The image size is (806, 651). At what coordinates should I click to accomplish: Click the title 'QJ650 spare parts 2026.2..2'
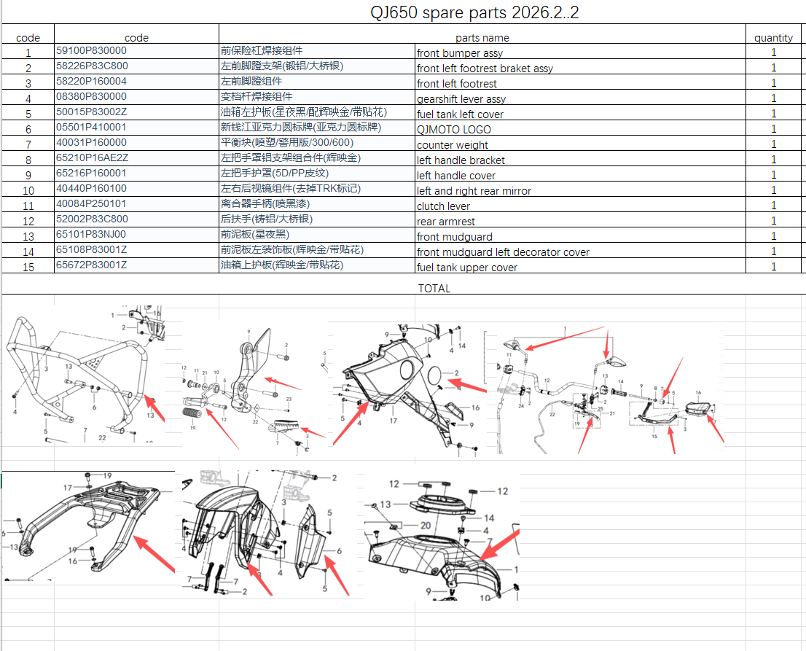474,13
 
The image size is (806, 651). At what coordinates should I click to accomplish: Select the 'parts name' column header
482,38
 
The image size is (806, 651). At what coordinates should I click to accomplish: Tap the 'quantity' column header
773,38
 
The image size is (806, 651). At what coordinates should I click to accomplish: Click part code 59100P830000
91,51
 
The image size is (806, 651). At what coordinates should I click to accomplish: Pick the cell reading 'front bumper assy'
460,53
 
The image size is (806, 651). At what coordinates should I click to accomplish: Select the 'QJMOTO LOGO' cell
453,130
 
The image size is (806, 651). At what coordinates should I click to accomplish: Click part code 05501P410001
91,128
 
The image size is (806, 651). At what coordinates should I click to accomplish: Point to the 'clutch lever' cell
443,206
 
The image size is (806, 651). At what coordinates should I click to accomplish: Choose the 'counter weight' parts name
452,145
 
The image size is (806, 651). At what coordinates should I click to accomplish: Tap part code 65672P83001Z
91,265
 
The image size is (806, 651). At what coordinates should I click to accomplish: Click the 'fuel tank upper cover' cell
467,268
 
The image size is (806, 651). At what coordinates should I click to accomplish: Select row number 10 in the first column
28,191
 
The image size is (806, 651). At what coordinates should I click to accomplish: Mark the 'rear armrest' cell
445,222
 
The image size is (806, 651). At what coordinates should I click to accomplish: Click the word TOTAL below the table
434,288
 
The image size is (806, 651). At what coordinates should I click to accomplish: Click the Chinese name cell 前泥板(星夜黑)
254,235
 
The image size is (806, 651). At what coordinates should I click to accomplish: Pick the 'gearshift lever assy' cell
461,99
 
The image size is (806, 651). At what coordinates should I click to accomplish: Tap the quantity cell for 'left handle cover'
773,176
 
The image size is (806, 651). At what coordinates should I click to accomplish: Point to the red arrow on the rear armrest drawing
154,553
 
